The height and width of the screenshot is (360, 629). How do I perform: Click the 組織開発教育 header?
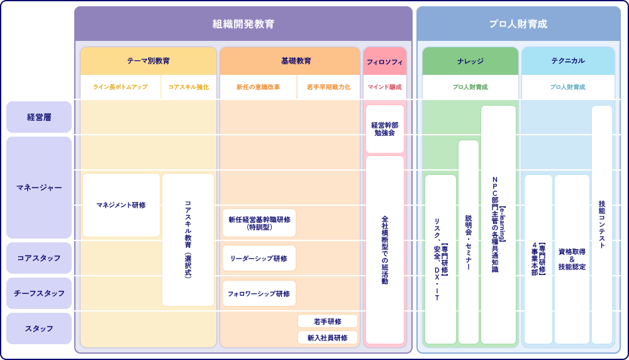tap(243, 24)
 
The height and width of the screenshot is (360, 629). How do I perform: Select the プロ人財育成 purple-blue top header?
tap(518, 24)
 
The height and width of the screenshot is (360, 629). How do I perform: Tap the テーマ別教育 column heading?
tap(148, 61)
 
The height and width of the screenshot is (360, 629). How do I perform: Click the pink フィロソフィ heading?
tap(384, 62)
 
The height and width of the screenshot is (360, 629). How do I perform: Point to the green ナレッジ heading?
tap(470, 61)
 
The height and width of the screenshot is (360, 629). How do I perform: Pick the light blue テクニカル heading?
tap(568, 61)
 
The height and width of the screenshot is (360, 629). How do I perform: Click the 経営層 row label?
tap(39, 117)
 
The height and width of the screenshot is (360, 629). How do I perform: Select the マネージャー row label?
tap(39, 188)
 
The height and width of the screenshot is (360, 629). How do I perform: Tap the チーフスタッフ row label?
tap(39, 293)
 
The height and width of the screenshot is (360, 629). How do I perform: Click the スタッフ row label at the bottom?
tap(39, 329)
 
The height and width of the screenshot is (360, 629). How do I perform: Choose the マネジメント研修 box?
tap(121, 205)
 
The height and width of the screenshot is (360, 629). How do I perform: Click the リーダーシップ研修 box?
tap(259, 259)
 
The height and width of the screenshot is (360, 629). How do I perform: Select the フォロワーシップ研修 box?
tap(259, 294)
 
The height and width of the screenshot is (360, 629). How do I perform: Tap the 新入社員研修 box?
tap(328, 338)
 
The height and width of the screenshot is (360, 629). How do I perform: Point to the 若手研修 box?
tap(328, 322)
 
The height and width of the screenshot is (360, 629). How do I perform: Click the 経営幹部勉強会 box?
tap(384, 129)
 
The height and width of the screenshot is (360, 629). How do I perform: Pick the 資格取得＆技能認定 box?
tap(572, 259)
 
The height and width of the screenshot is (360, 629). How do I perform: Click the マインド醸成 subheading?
tap(384, 87)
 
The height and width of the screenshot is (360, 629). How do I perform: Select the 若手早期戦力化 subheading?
tap(328, 87)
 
